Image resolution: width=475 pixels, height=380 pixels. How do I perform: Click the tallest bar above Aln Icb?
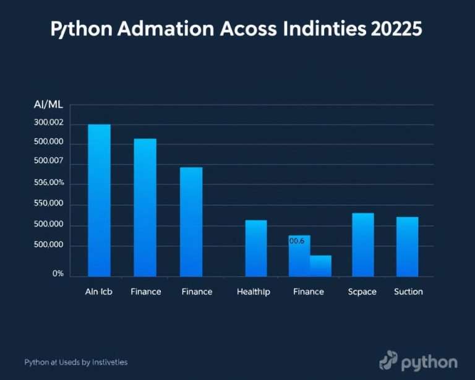click(99, 200)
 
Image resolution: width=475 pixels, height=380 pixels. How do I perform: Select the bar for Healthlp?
click(256, 248)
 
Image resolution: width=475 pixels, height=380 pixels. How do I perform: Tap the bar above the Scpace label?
click(362, 244)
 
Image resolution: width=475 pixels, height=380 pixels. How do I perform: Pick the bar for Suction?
click(407, 246)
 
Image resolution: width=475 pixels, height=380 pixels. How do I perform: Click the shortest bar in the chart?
click(320, 266)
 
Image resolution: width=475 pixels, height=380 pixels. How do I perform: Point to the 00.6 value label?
click(297, 241)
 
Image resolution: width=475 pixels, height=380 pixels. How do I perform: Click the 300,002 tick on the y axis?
click(49, 124)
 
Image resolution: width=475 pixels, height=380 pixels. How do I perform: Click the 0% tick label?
click(58, 273)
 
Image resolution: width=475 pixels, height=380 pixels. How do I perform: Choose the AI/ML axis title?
click(49, 105)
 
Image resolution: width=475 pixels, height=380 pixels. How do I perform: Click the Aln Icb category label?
click(99, 291)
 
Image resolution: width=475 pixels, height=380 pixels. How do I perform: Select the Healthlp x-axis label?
click(253, 291)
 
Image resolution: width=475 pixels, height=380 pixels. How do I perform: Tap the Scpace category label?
click(362, 291)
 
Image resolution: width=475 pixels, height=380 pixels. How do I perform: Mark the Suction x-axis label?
click(408, 291)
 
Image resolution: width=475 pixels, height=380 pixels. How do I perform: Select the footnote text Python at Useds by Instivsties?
click(76, 361)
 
